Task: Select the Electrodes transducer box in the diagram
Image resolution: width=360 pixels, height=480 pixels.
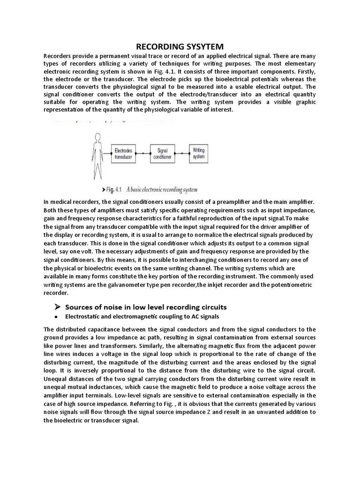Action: pyautogui.click(x=124, y=154)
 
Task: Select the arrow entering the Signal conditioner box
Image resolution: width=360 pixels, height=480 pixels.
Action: pyautogui.click(x=143, y=154)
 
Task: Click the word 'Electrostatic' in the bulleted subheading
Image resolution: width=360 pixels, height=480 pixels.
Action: pyautogui.click(x=83, y=317)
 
